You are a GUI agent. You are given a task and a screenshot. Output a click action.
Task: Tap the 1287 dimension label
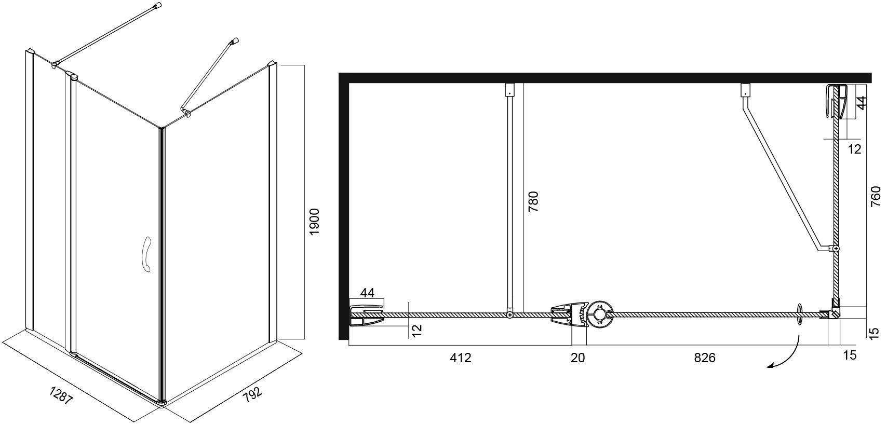61,395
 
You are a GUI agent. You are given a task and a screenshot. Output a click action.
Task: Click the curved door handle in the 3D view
147,254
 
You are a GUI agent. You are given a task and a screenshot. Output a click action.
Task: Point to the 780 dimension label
533,201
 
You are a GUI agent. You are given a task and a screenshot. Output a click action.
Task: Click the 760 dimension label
877,196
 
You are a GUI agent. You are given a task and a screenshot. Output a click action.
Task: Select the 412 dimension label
461,358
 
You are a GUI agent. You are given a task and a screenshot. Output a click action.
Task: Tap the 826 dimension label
705,358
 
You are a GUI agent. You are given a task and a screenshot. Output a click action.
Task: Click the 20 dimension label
577,358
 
